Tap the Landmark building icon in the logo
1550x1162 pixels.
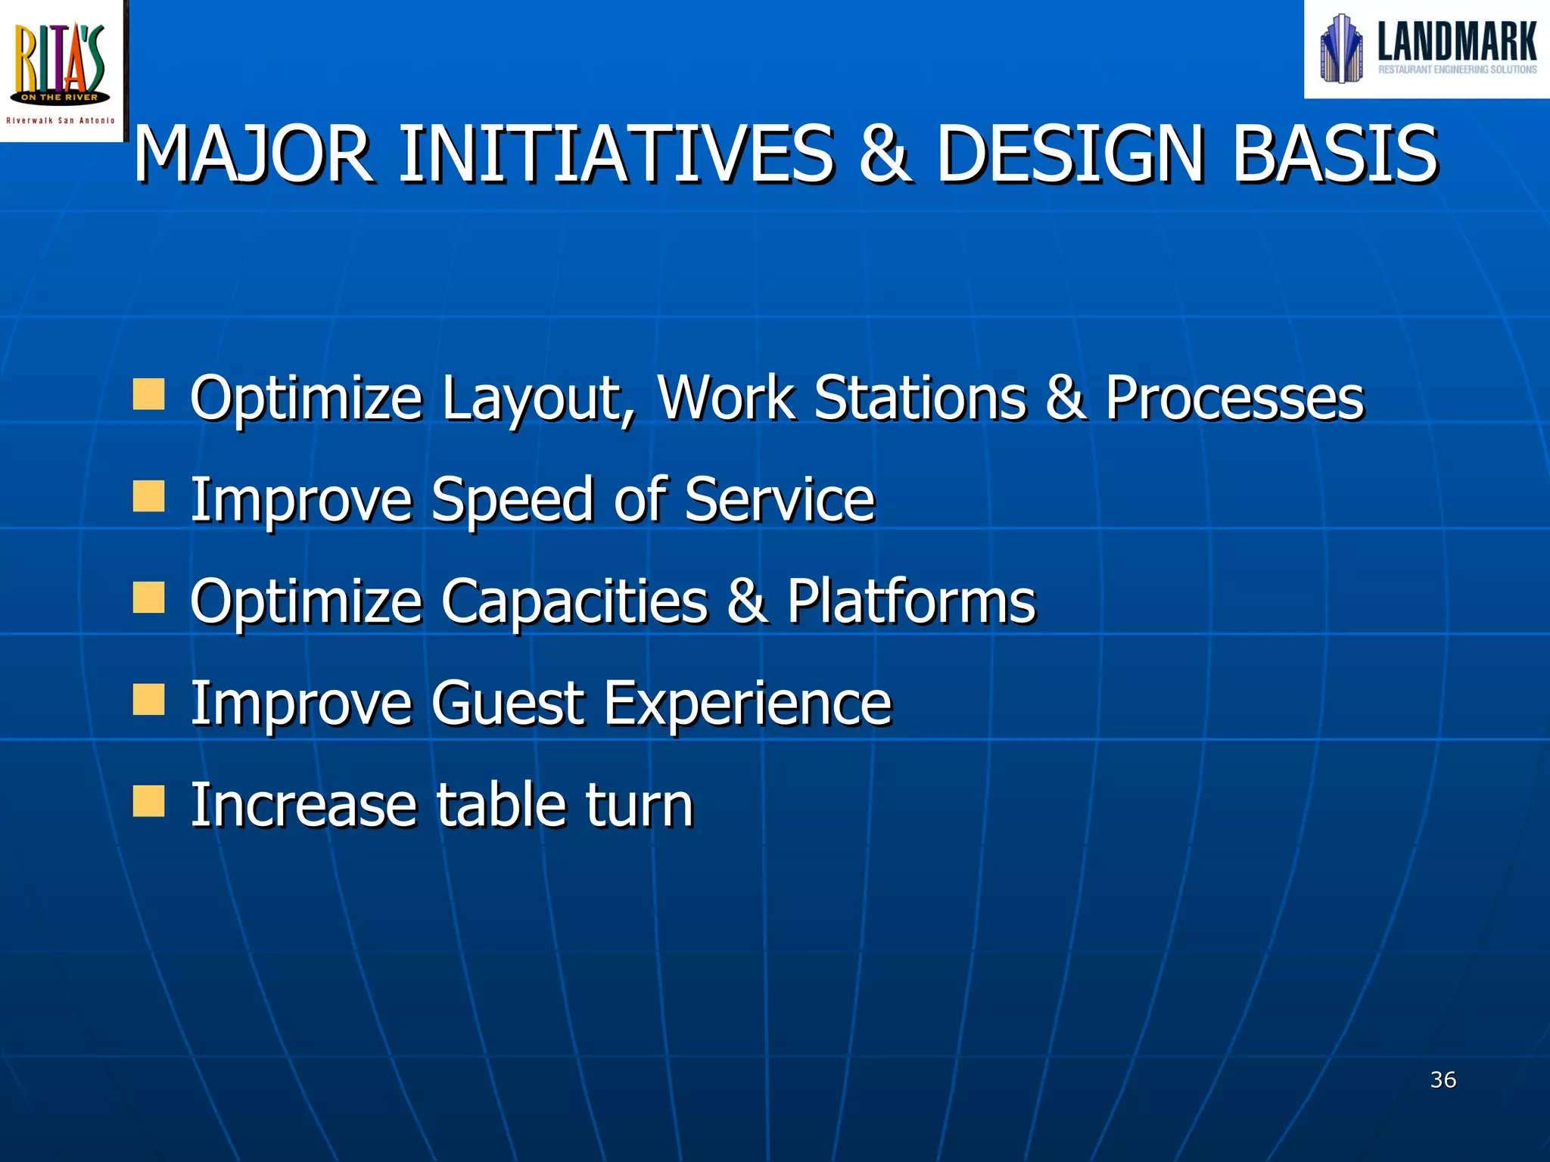tap(1341, 48)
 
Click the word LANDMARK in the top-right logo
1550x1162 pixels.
tap(1456, 42)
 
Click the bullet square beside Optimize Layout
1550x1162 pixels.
tap(148, 395)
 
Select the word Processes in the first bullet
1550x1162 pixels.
tap(1234, 398)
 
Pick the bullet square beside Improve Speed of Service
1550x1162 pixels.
tap(148, 497)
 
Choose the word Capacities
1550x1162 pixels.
tap(574, 601)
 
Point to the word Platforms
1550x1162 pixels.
tap(910, 601)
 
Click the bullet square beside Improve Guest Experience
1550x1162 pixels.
tap(148, 700)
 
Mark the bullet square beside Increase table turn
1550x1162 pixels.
tap(148, 801)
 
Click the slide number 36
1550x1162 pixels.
tap(1443, 1080)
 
